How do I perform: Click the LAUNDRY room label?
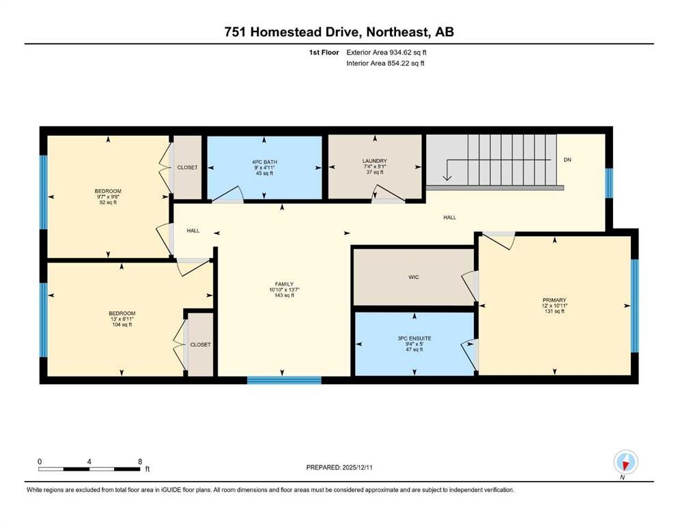pos(374,161)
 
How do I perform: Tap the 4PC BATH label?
pos(265,162)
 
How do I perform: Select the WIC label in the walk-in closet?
pos(413,277)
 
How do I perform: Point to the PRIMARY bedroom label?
pos(554,300)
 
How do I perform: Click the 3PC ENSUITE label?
pos(414,338)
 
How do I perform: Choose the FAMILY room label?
pos(284,285)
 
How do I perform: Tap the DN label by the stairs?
pos(567,160)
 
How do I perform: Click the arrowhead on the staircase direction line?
pos(447,177)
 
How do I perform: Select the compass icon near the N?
pos(625,462)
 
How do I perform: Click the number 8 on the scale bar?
pos(140,462)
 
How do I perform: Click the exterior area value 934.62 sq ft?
pos(408,53)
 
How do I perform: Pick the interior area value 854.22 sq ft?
pos(406,63)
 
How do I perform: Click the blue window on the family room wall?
pos(284,380)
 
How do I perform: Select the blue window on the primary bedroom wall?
pos(634,306)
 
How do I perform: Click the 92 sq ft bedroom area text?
pos(108,202)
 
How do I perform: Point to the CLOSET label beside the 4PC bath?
pos(187,167)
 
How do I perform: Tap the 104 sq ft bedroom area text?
pos(122,324)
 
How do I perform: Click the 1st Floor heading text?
pos(324,53)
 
